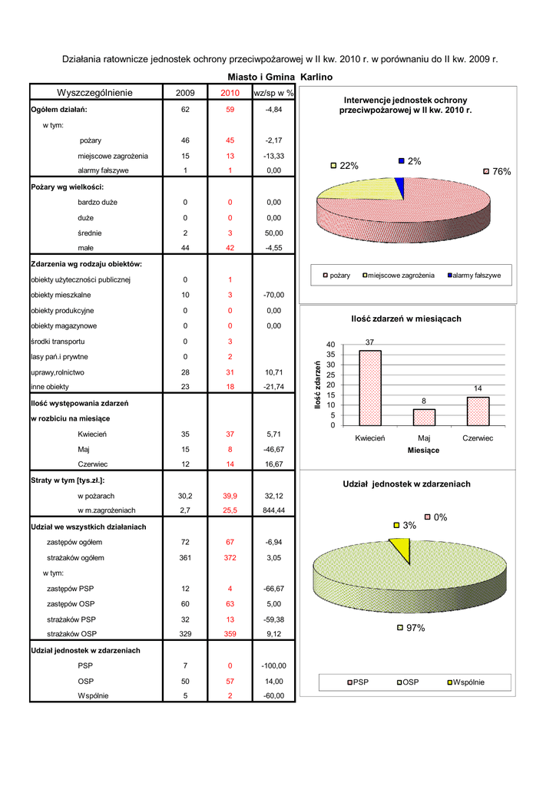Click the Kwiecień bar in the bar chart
pyautogui.click(x=370, y=388)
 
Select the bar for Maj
pyautogui.click(x=424, y=418)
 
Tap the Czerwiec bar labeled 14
pyautogui.click(x=478, y=411)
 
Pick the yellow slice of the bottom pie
pyautogui.click(x=402, y=548)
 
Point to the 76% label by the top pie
pyautogui.click(x=497, y=171)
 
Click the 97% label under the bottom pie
pyautogui.click(x=411, y=628)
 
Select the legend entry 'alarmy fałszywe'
pyautogui.click(x=475, y=276)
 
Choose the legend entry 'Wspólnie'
pyautogui.click(x=465, y=682)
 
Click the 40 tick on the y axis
pyautogui.click(x=330, y=345)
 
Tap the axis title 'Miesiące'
pyautogui.click(x=423, y=450)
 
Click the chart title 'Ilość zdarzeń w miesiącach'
pyautogui.click(x=406, y=319)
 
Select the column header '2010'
pyautogui.click(x=230, y=93)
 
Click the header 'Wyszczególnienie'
pyautogui.click(x=94, y=92)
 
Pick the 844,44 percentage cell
pyautogui.click(x=273, y=510)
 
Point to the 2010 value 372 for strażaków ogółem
pyautogui.click(x=230, y=557)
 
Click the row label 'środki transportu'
pyautogui.click(x=58, y=342)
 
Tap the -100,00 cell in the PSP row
pyautogui.click(x=273, y=665)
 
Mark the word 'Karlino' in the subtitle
pyautogui.click(x=316, y=78)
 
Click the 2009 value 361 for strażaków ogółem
pyautogui.click(x=186, y=557)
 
